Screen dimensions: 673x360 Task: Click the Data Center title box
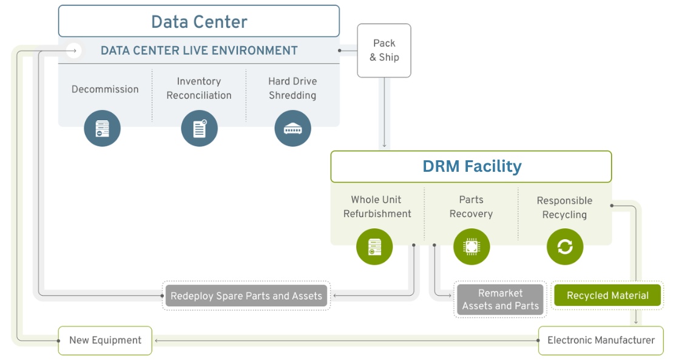pyautogui.click(x=198, y=21)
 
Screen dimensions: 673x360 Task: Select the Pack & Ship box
pyautogui.click(x=384, y=50)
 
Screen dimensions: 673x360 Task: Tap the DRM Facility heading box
pyautogui.click(x=471, y=166)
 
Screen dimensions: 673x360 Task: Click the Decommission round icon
pyautogui.click(x=102, y=129)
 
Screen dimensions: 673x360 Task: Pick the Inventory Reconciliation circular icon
pyautogui.click(x=199, y=129)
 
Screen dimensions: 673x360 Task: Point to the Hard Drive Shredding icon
pyautogui.click(x=293, y=129)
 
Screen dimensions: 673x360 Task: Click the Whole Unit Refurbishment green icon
pyautogui.click(x=374, y=246)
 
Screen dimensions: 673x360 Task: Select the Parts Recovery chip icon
pyautogui.click(x=472, y=246)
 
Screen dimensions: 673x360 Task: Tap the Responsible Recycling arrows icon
pyautogui.click(x=565, y=246)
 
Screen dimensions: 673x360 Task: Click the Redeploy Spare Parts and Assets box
pyautogui.click(x=246, y=296)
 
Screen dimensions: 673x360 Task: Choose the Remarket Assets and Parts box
pyautogui.click(x=500, y=299)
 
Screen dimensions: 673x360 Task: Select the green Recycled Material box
pyautogui.click(x=607, y=295)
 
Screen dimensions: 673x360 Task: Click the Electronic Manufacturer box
pyautogui.click(x=601, y=340)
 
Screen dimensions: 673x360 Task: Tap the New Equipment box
pyautogui.click(x=105, y=340)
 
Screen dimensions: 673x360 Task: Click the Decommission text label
pyautogui.click(x=105, y=89)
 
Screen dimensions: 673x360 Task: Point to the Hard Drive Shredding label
pyautogui.click(x=293, y=88)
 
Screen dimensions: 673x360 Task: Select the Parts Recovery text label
pyautogui.click(x=472, y=206)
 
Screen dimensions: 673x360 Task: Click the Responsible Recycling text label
pyautogui.click(x=564, y=208)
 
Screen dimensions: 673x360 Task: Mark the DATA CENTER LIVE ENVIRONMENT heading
pyautogui.click(x=199, y=51)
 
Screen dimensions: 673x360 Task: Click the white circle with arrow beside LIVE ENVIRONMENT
pyautogui.click(x=74, y=51)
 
